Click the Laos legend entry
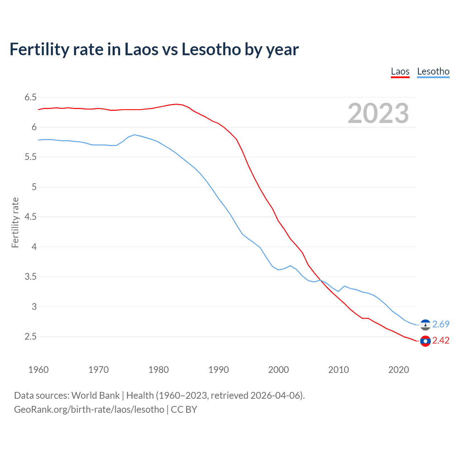(x=400, y=72)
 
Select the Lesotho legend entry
(x=433, y=72)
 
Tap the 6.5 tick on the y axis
(x=30, y=97)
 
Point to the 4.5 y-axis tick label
(x=30, y=217)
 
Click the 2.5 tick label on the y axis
(x=30, y=337)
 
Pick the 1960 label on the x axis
(x=38, y=370)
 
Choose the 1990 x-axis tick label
(x=218, y=370)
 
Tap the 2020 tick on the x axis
(x=398, y=370)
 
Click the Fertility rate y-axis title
(x=15, y=222)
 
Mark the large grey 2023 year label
(x=378, y=113)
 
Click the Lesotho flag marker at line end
(x=425, y=325)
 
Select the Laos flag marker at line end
(x=425, y=341)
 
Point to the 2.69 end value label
(x=441, y=324)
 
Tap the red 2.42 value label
(x=441, y=340)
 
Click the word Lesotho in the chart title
(x=211, y=49)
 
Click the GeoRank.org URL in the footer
(x=89, y=410)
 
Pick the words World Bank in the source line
(x=95, y=396)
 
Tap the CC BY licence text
(x=184, y=410)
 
